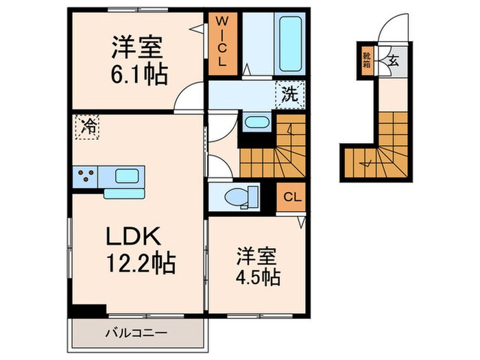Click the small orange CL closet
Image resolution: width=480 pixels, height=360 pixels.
pos(291,197)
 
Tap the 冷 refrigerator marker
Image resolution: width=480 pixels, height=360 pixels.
pos(88,126)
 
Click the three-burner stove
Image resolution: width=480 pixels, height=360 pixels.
pos(86,176)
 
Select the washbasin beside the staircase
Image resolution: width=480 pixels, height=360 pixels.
pos(256,123)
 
